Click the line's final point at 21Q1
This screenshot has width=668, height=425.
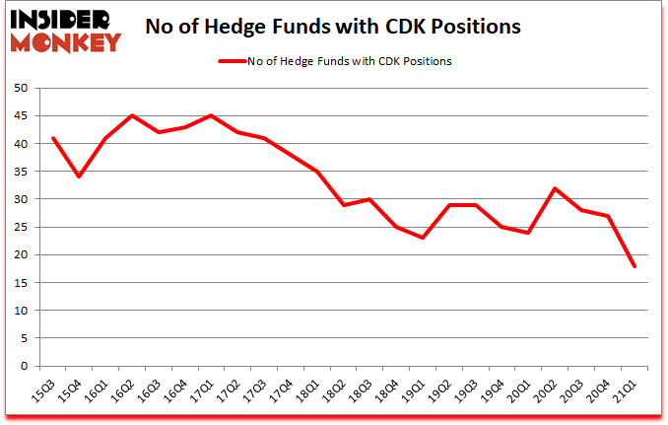635,266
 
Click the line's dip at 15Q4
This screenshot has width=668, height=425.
79,177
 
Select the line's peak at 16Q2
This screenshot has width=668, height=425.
132,115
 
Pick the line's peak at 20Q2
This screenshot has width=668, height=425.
556,188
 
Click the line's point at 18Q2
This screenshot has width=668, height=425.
344,205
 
